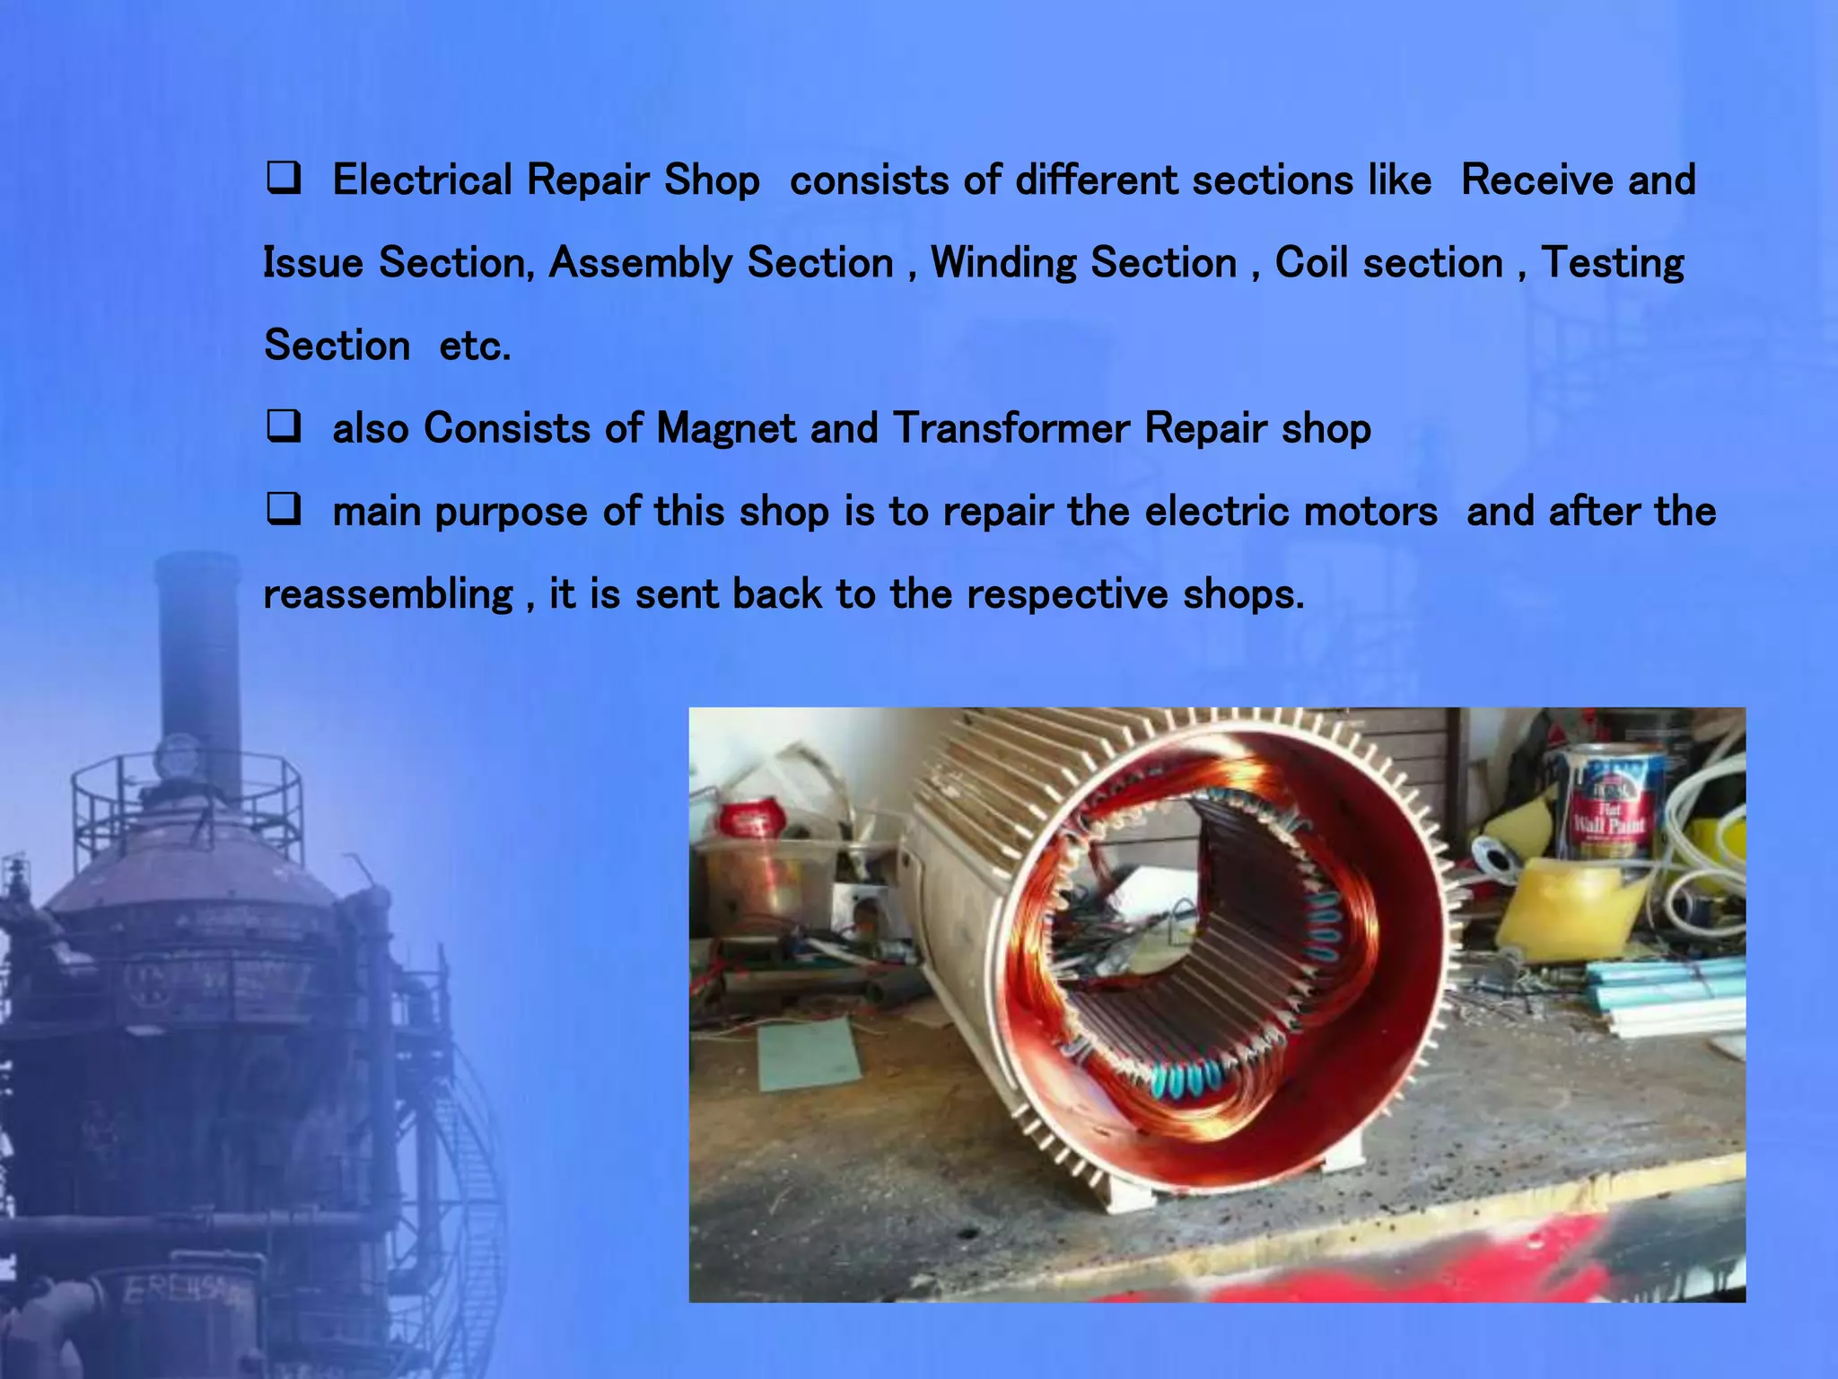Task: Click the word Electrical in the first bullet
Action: click(x=422, y=180)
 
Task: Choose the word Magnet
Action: click(x=725, y=428)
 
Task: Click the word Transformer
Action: click(x=1011, y=428)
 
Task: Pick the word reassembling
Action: click(x=388, y=595)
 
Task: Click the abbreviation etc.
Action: click(x=475, y=347)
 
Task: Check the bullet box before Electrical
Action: click(x=284, y=179)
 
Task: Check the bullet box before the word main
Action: click(x=284, y=510)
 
